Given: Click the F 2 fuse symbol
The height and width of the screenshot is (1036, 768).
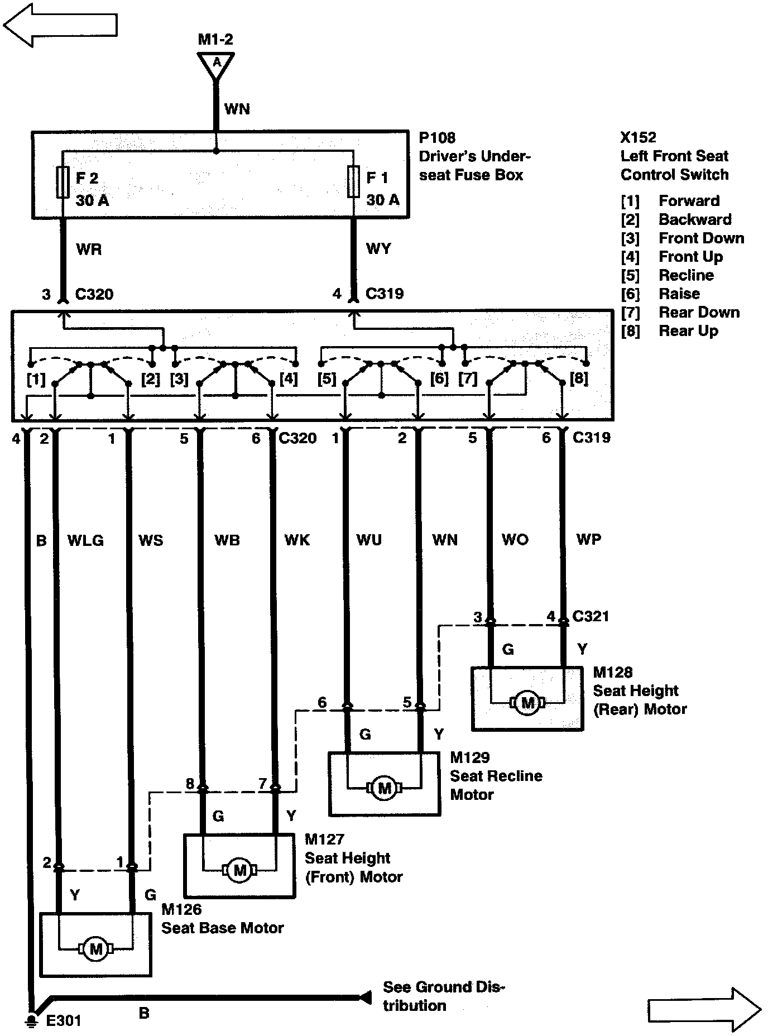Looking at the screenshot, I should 63,183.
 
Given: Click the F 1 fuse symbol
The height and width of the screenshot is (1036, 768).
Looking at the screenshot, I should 353,182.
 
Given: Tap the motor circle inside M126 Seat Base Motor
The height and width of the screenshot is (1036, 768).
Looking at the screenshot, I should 95,948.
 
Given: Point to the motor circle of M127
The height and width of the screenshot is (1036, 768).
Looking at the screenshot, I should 239,870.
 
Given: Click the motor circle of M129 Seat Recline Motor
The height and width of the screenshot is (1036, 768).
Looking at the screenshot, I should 385,788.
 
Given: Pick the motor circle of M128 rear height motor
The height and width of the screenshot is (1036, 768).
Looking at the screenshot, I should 527,702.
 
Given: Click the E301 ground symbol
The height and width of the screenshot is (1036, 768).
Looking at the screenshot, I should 32,1020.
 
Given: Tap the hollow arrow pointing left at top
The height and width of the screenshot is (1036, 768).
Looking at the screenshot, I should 60,25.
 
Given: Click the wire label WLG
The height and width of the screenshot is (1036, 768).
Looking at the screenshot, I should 85,540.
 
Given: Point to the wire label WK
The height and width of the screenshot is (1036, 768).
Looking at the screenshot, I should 297,540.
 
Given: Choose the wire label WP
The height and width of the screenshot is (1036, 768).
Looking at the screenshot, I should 589,539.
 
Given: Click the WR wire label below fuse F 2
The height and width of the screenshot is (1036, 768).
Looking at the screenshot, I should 89,249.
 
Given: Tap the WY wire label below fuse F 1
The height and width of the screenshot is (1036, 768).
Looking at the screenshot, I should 378,248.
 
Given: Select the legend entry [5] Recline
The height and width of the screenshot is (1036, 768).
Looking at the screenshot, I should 668,275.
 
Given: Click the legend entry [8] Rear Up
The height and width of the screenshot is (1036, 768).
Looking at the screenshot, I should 670,331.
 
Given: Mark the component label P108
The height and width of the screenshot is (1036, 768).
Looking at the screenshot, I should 437,138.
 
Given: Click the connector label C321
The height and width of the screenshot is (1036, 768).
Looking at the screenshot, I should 591,616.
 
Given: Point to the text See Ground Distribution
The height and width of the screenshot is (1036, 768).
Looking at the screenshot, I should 443,996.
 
